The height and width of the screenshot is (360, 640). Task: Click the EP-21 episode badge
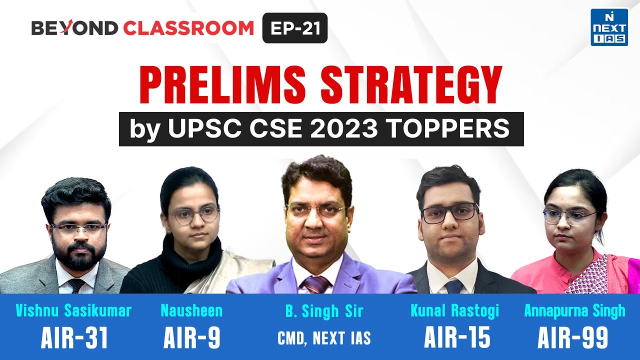click(x=295, y=28)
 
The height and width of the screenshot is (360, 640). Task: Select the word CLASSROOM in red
click(x=188, y=28)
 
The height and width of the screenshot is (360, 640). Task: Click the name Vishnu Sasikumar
click(x=74, y=311)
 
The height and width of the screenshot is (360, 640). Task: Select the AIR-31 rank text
click(x=74, y=338)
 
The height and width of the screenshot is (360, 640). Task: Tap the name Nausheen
click(x=191, y=311)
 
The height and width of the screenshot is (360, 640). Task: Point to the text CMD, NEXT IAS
click(x=324, y=338)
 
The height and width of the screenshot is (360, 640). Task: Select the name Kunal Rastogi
click(x=454, y=311)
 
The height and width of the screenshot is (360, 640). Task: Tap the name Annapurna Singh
click(x=574, y=311)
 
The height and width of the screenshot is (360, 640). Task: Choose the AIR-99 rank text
click(x=573, y=338)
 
